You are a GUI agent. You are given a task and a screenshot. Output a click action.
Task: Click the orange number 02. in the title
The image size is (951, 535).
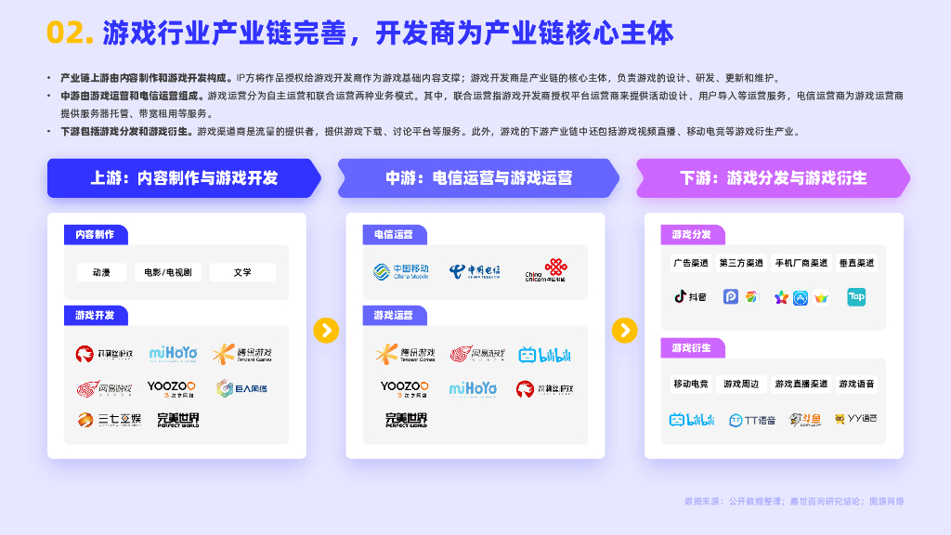70,33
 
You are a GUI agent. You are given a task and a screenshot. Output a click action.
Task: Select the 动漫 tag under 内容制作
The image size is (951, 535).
101,272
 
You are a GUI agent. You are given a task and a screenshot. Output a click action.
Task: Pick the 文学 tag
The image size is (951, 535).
242,272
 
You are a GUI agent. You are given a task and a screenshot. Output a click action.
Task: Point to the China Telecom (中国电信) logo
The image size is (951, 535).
475,271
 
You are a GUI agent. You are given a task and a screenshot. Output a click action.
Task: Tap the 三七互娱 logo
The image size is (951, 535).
109,420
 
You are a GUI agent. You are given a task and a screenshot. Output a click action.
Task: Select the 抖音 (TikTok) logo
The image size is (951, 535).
690,297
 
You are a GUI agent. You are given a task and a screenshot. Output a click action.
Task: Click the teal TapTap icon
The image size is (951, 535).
856,297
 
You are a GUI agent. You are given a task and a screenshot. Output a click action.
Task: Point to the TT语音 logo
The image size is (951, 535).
752,420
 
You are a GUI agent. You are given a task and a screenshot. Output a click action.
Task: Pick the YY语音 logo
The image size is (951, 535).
855,419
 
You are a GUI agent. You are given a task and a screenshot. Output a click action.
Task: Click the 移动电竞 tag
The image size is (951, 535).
690,384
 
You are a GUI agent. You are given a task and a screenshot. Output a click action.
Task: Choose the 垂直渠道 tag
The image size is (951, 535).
855,263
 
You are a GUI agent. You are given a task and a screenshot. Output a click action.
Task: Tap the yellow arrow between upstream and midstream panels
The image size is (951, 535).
326,330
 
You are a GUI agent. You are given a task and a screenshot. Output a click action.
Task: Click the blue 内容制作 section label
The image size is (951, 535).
96,235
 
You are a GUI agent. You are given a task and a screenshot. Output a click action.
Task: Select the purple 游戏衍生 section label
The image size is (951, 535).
692,347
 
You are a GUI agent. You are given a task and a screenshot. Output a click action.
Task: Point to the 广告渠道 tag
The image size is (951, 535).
690,263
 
